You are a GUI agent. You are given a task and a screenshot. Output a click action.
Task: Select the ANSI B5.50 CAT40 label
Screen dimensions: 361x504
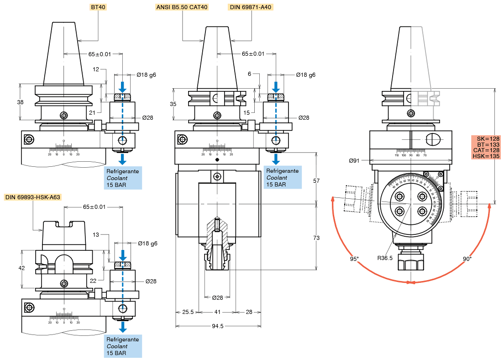point(182,7)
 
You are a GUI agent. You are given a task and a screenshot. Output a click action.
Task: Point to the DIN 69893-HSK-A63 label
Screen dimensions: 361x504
point(33,197)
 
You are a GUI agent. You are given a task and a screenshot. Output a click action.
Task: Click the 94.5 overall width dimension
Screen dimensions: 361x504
point(218,326)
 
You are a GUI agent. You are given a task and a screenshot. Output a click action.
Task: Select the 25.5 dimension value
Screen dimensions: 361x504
point(188,312)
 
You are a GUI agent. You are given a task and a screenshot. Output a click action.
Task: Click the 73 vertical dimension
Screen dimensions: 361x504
point(316,238)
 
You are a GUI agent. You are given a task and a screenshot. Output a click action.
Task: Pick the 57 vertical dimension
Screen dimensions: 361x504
point(316,181)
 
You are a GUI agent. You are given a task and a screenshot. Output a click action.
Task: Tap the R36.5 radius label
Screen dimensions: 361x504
point(385,258)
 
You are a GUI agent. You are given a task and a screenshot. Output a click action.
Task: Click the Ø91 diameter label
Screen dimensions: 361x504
point(354,160)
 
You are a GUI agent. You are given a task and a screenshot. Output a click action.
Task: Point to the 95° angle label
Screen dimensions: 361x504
point(354,259)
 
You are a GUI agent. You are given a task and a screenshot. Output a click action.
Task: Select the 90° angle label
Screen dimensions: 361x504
point(467,259)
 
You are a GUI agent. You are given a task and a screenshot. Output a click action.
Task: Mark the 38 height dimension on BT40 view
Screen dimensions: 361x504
point(20,102)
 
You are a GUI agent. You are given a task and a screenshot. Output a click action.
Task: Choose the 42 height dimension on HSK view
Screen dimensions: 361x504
point(21,268)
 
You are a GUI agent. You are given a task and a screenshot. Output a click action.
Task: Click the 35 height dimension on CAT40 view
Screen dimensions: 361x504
point(173,104)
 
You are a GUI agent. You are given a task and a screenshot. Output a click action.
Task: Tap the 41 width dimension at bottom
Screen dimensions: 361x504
point(217,312)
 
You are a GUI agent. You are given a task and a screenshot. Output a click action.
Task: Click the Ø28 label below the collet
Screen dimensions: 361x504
point(217,298)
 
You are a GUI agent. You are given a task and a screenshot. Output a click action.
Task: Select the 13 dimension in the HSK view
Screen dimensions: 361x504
point(95,234)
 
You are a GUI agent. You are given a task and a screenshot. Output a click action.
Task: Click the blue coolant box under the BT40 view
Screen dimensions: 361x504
point(123,178)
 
